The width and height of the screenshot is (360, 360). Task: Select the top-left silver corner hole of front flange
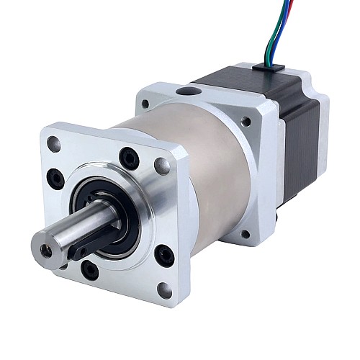pos(54,143)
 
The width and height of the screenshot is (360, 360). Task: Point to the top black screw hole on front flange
pos(130,156)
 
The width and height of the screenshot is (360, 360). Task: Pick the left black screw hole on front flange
pos(55,176)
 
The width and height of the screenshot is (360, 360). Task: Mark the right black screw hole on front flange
pos(164,254)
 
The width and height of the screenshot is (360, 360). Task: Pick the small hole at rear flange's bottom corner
pos(245,234)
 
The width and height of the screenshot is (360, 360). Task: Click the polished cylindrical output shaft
pos(68,234)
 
